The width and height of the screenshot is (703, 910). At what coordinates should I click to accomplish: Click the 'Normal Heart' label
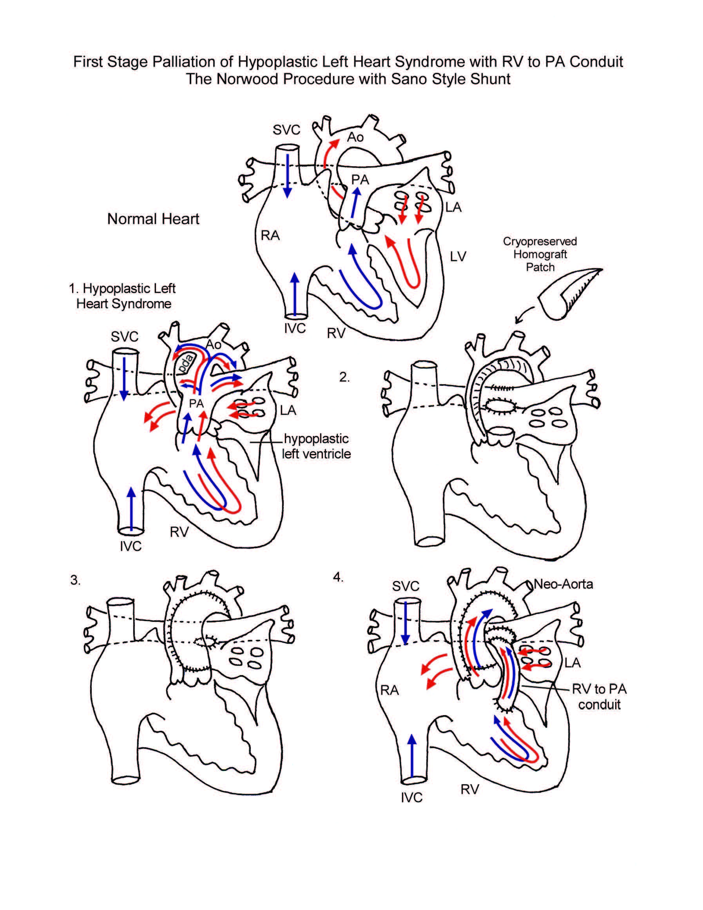coord(153,219)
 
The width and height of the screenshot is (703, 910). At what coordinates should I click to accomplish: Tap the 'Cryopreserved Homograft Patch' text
coord(540,254)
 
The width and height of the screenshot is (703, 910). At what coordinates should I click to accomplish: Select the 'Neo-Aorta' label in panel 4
coord(563,584)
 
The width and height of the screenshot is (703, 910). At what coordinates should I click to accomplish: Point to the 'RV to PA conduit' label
coord(599,697)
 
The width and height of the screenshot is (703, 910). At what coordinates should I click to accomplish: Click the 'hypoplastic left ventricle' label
coord(316,446)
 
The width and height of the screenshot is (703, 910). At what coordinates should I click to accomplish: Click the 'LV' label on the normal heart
coord(458,256)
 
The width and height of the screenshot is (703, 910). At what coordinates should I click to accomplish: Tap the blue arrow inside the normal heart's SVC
coord(287,175)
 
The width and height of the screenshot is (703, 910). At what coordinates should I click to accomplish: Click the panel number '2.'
coord(344,377)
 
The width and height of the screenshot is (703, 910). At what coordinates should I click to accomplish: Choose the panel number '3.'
coord(75,580)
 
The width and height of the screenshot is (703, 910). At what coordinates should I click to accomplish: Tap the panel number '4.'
coord(338,577)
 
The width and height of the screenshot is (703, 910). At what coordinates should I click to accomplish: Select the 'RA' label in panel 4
coord(390,690)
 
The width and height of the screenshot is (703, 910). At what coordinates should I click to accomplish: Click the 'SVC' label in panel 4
coord(405,586)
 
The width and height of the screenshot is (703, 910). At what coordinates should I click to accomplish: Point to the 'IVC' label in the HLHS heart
coord(131,546)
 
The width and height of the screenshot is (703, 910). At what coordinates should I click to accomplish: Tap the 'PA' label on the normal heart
coord(360,180)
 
